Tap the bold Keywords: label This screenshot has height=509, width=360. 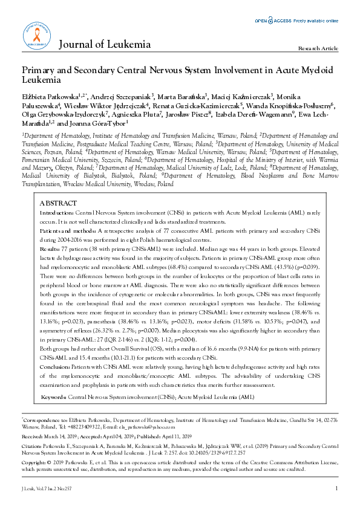click(x=54, y=380)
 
